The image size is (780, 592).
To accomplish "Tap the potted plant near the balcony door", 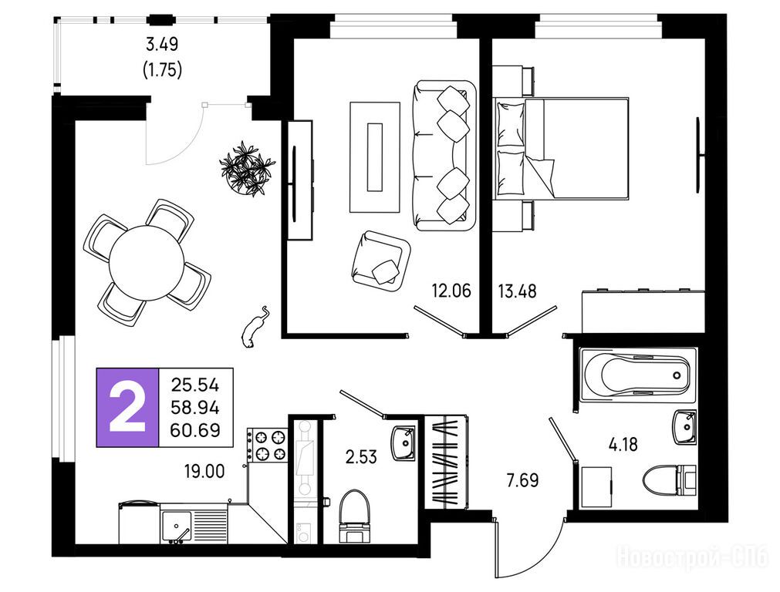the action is click(x=247, y=169).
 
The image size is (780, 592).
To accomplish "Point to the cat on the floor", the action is click(x=255, y=326).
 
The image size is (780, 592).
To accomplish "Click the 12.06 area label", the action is click(x=451, y=291).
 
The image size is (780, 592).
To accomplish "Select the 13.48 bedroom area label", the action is click(x=518, y=291).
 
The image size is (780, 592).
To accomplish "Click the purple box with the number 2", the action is click(x=127, y=408).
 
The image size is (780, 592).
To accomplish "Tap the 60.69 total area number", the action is click(x=195, y=430).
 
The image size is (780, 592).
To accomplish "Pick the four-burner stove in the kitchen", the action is click(x=267, y=446).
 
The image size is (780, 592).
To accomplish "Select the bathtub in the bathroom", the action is click(x=638, y=375).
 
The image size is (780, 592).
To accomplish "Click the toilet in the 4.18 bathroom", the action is click(x=670, y=480).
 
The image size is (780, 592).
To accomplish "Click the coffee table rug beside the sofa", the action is click(x=375, y=157).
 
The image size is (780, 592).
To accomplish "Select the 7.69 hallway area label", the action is click(x=522, y=481).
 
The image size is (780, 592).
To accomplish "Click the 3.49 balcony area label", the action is click(x=162, y=45).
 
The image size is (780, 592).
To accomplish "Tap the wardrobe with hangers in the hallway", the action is click(x=446, y=462).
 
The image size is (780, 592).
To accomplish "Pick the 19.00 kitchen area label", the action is click(x=204, y=471).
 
